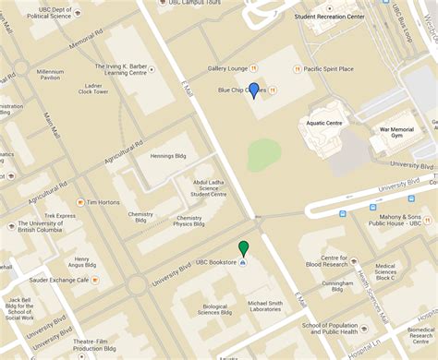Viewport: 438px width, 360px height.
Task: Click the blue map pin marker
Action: click(254, 89)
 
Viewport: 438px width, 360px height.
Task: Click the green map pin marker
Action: click(243, 247)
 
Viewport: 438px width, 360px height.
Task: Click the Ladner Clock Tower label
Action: click(93, 88)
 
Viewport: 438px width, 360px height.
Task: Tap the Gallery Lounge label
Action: click(227, 68)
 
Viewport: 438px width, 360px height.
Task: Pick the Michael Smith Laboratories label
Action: click(265, 306)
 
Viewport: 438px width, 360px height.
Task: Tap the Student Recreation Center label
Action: click(329, 17)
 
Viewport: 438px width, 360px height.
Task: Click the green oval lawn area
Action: click(264, 154)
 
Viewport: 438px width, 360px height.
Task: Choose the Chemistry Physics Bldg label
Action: click(189, 221)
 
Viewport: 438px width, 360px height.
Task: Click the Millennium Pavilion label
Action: click(50, 75)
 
